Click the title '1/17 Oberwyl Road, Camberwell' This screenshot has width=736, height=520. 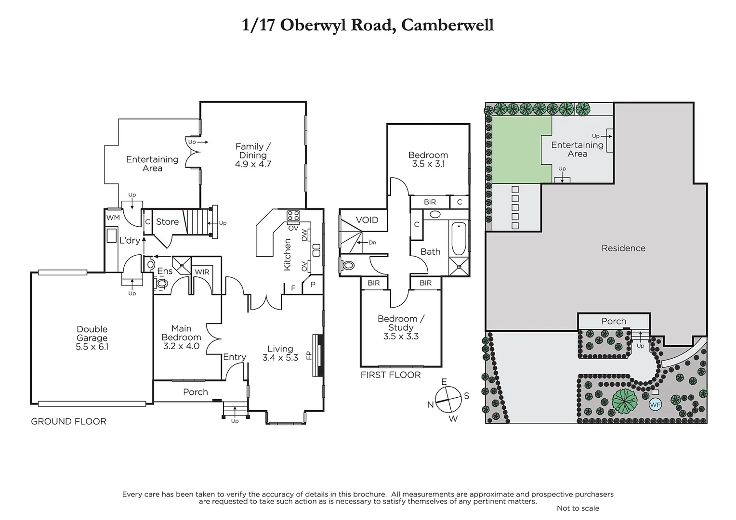(368, 25)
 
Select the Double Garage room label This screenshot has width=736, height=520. (92, 334)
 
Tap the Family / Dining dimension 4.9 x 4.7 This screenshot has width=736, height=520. (253, 164)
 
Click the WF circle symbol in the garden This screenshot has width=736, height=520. (655, 405)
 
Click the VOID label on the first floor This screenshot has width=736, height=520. (367, 220)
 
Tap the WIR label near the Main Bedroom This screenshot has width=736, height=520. (202, 272)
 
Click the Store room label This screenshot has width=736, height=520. (167, 221)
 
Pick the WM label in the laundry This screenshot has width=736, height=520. (113, 218)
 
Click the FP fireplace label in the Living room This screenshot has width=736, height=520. (309, 355)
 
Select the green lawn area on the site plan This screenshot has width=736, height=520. (521, 149)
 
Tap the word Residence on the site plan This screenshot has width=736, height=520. (623, 248)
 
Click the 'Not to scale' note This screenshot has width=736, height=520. (578, 508)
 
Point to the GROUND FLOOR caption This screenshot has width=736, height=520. (68, 421)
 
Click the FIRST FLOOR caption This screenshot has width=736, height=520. (390, 375)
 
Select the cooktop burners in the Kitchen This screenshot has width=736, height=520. (293, 215)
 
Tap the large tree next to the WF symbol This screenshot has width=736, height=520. (625, 401)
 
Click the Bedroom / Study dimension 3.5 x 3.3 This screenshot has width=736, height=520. (401, 336)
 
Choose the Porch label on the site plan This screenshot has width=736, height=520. (614, 321)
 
